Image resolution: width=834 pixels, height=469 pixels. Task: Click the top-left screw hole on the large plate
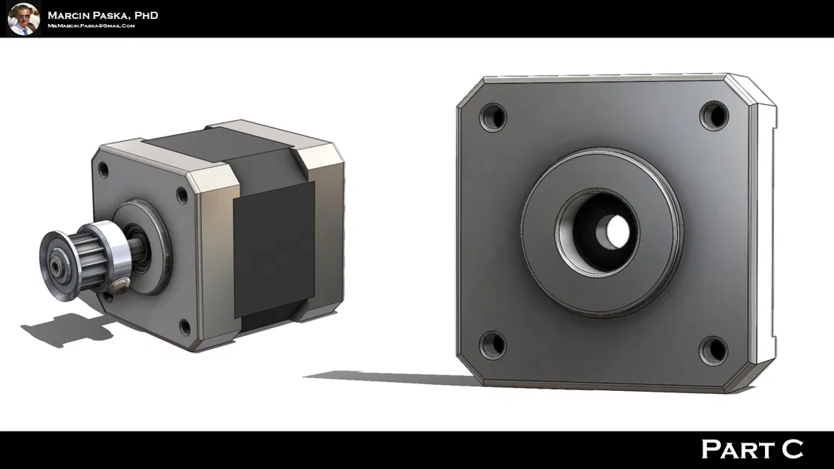pos(493,117)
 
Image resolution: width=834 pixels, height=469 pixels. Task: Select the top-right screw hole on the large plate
pos(714,116)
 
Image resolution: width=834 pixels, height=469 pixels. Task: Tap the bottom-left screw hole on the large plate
pos(492,344)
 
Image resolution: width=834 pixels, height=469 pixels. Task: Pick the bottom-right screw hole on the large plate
pos(713,350)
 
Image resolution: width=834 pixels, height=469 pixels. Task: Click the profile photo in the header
pos(23,19)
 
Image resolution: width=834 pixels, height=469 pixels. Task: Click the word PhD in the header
pos(143,15)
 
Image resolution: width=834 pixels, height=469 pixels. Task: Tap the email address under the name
pos(91,26)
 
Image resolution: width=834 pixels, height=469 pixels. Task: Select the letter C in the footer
pos(792,449)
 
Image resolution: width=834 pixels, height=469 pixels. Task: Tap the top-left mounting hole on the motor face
pos(103,170)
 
